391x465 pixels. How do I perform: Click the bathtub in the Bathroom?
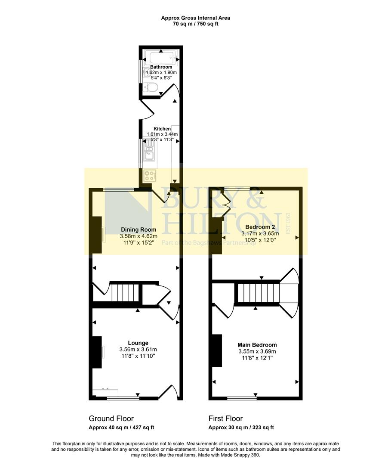pos(160,57)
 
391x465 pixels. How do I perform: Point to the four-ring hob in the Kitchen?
pos(150,176)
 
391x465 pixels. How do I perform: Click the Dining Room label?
pos(139,229)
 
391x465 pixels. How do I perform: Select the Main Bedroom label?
pos(257,345)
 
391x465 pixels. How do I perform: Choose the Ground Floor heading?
pos(111,418)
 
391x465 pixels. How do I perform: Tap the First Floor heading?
pos(225,418)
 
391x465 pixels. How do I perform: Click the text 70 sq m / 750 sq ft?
pos(195,24)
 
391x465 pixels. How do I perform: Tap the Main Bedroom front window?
pos(242,398)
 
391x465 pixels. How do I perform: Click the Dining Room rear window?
pos(118,189)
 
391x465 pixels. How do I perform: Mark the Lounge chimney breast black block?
pos(97,352)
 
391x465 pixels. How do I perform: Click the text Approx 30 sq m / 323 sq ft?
pos(241,428)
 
